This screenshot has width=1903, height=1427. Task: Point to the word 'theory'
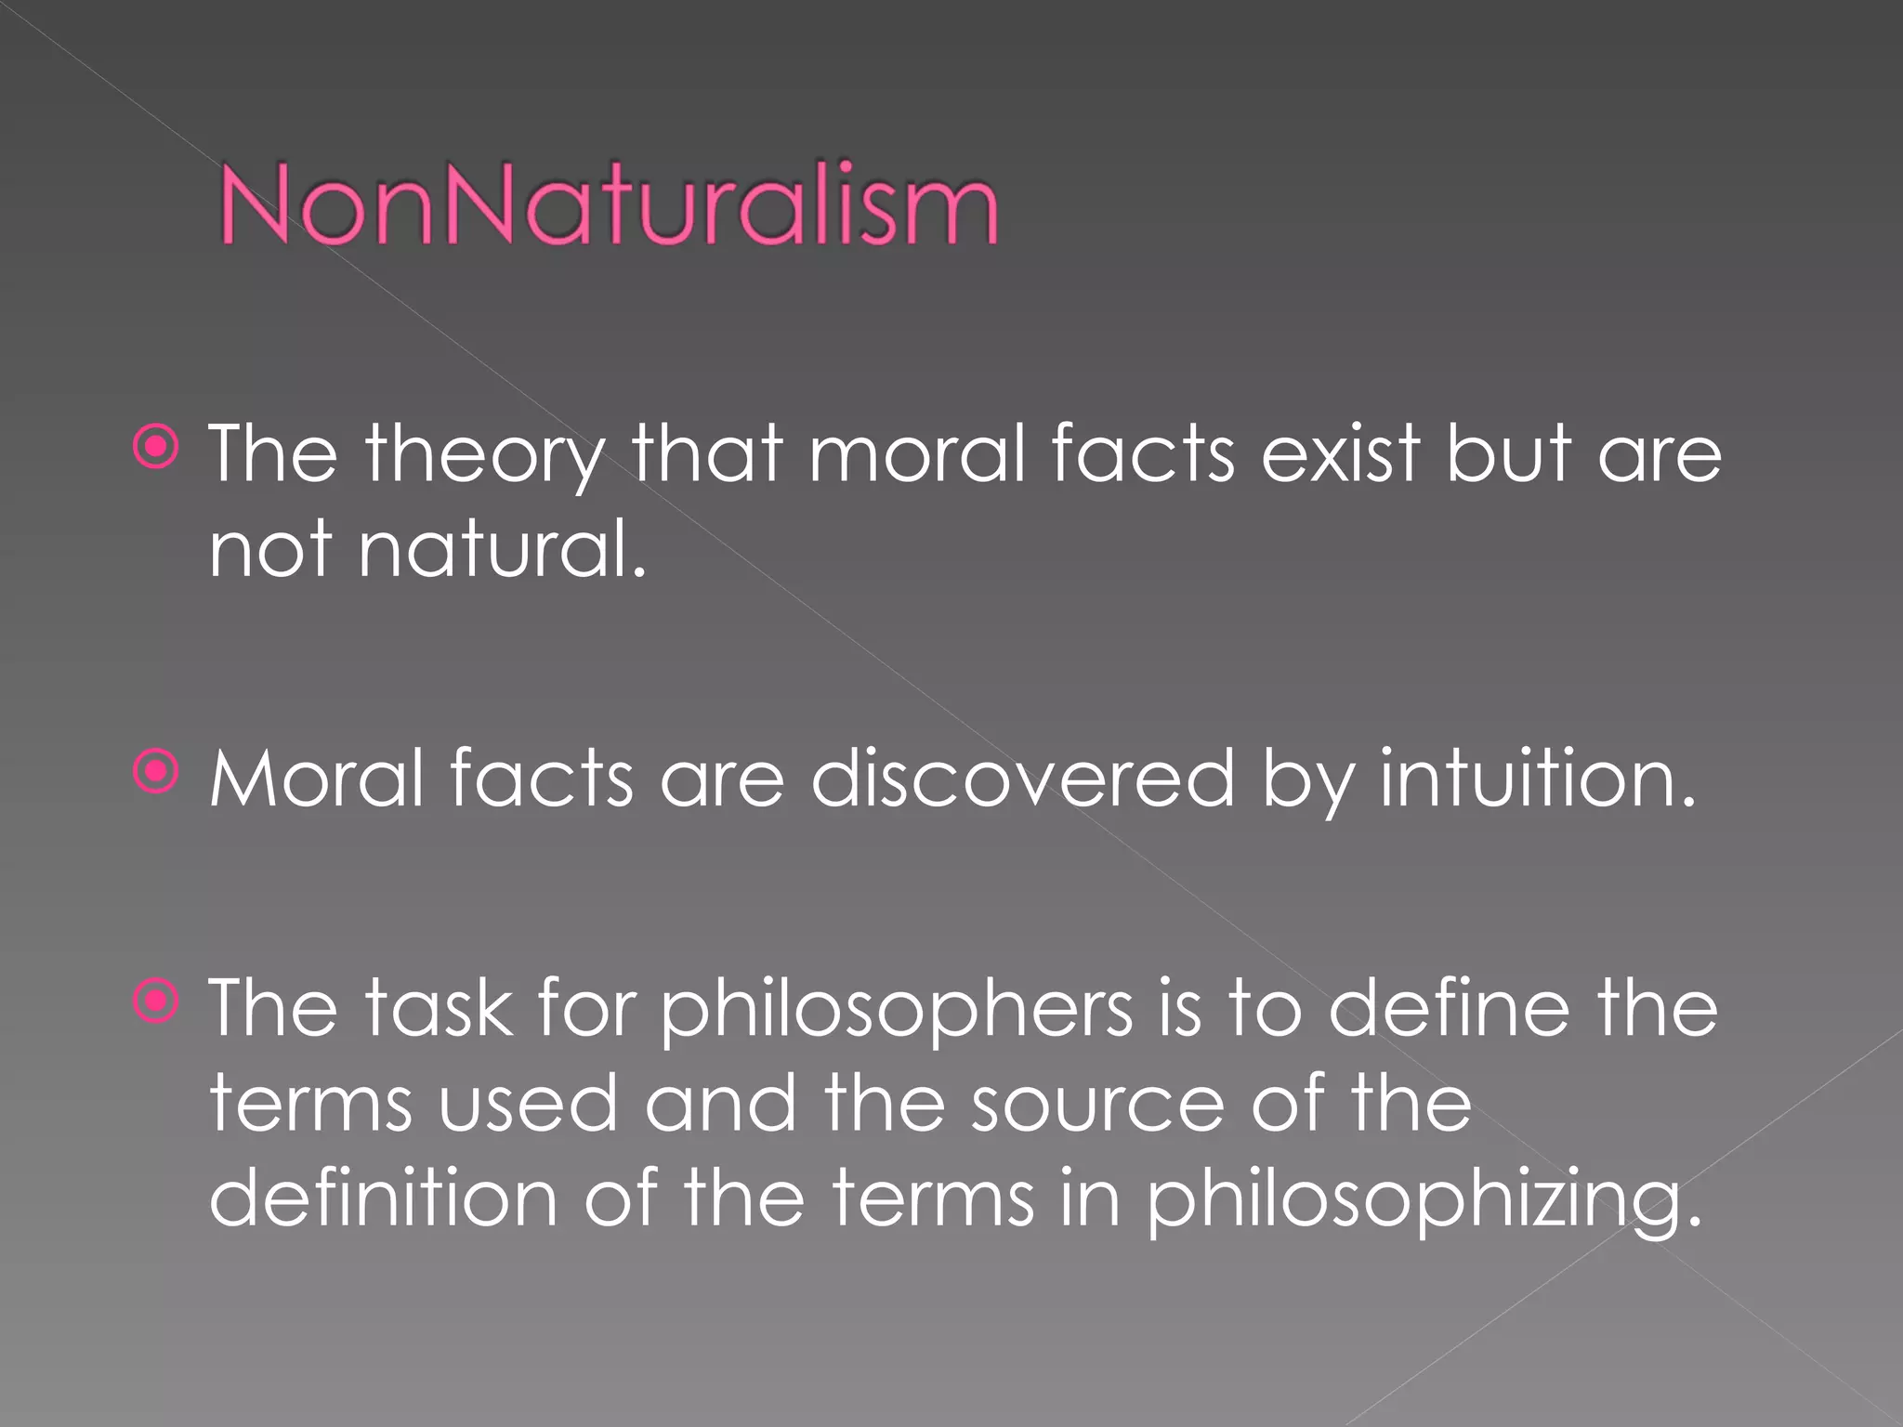click(x=484, y=455)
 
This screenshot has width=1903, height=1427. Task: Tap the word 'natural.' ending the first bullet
click(x=503, y=549)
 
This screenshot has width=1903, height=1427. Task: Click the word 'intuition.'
click(x=1538, y=778)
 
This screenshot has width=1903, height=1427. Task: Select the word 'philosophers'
click(x=897, y=1010)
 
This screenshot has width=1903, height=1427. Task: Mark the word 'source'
click(x=1097, y=1104)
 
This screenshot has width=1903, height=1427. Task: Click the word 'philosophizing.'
click(x=1424, y=1199)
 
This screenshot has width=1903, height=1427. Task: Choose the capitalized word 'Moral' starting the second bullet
click(x=317, y=778)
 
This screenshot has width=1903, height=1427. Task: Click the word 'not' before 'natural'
click(x=270, y=549)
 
